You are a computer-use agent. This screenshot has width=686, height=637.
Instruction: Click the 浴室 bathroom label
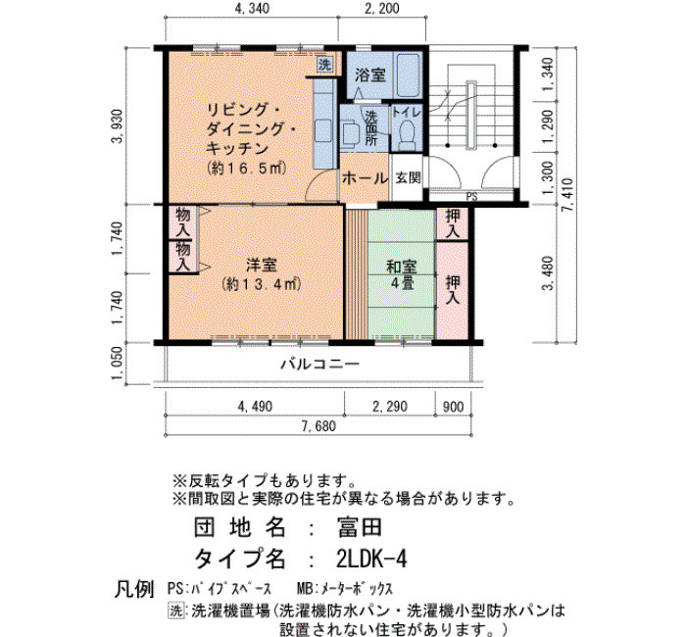370,75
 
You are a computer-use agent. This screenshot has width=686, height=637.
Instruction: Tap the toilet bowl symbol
408,135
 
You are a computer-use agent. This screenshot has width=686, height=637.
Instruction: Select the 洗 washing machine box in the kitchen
324,65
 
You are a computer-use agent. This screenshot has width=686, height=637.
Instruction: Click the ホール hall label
365,178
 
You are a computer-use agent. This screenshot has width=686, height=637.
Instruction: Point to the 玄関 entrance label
408,178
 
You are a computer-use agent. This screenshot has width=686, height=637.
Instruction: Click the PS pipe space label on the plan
471,197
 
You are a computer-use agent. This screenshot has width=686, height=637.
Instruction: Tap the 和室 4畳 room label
401,274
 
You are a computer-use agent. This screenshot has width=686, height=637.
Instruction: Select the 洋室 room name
262,266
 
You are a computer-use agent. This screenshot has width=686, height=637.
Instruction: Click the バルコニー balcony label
319,364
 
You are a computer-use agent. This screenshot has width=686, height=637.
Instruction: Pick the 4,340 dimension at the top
252,8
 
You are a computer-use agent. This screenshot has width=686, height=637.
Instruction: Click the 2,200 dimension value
382,8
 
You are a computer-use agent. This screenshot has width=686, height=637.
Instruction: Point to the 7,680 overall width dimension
318,425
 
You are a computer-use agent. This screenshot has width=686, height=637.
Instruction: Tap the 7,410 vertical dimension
567,195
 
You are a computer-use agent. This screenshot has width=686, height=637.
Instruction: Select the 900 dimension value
453,407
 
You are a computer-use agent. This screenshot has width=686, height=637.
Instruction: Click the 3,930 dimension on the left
119,126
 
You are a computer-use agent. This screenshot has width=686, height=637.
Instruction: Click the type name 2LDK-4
371,559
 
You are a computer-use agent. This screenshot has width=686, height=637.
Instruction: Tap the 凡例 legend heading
134,588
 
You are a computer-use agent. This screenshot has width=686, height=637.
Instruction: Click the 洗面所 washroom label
371,128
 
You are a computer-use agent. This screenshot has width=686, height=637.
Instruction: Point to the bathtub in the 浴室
409,74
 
